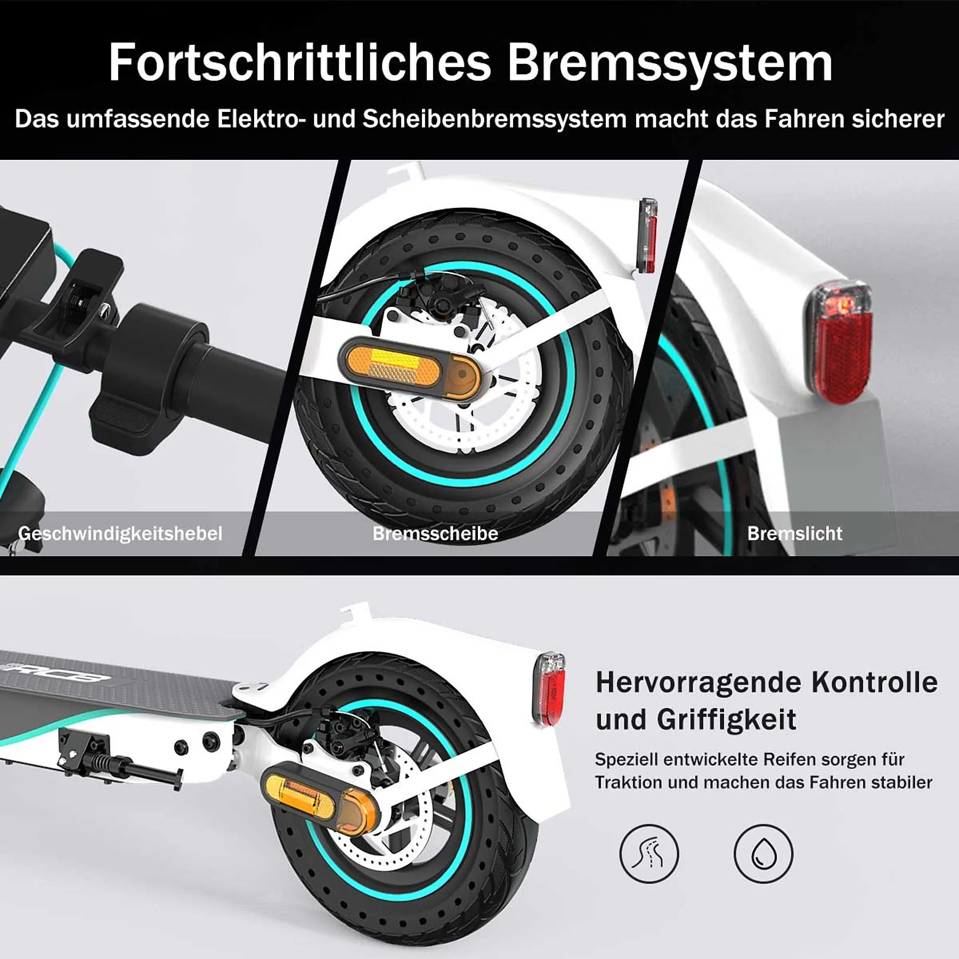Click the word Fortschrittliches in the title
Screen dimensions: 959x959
point(299,63)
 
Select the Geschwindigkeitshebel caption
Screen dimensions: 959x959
point(120,533)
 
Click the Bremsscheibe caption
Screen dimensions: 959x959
point(435,533)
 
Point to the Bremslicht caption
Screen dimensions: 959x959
point(794,533)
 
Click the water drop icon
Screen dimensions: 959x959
point(763,855)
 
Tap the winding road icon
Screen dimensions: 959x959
point(649,855)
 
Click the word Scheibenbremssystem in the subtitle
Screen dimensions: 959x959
point(494,119)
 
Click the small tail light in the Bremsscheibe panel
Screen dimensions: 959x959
point(647,236)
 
